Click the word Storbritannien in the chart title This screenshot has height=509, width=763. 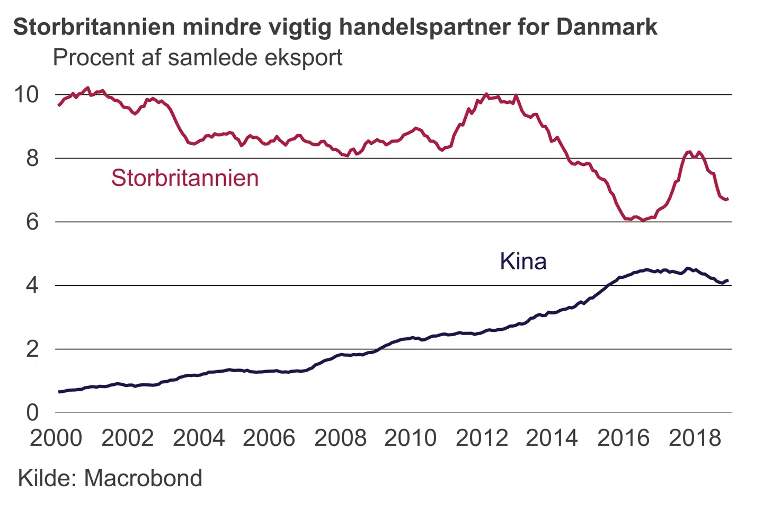(x=94, y=27)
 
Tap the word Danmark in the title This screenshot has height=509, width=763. (x=607, y=27)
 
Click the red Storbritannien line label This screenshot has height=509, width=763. (x=185, y=178)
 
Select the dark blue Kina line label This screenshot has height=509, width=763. (x=523, y=261)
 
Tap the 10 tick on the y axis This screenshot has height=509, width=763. (x=26, y=95)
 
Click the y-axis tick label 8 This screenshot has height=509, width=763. (x=32, y=158)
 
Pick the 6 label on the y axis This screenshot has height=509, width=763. (x=32, y=222)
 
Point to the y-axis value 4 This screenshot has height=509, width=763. (x=32, y=286)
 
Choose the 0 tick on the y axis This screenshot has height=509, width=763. (x=32, y=413)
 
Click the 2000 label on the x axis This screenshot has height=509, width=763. (x=56, y=438)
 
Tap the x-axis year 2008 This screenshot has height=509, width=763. (x=340, y=438)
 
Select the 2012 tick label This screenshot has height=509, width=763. (x=482, y=438)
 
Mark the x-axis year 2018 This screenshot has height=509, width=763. (x=695, y=438)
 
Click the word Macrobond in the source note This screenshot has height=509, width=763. (x=143, y=478)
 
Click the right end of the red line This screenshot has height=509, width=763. (x=728, y=199)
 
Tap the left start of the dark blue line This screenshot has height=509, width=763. (x=59, y=392)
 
